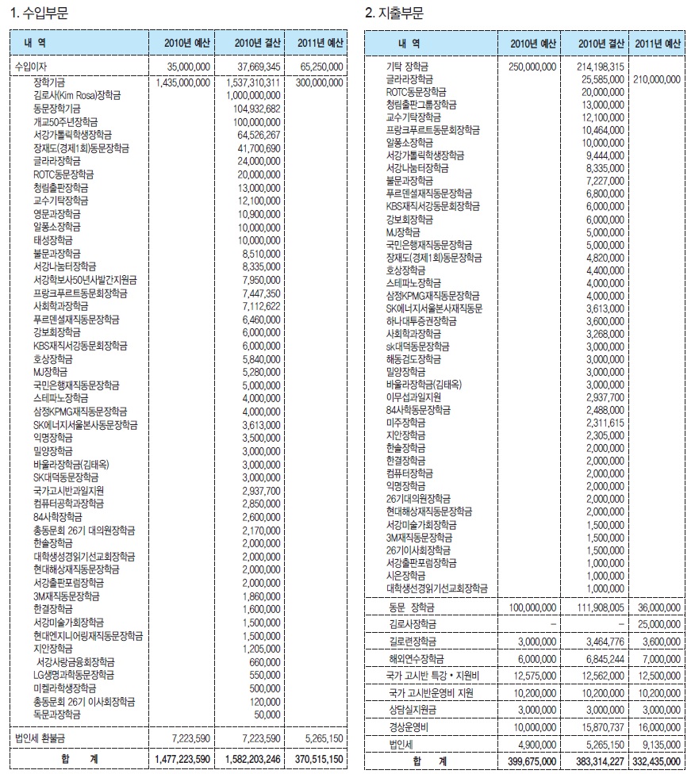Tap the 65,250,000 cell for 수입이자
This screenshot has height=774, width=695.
pyautogui.click(x=319, y=67)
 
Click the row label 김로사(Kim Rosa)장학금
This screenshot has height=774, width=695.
pyautogui.click(x=78, y=95)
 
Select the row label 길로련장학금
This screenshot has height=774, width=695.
pyautogui.click(x=413, y=641)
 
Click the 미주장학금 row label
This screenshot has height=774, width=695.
pyautogui.click(x=405, y=423)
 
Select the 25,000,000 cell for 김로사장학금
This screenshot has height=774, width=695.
pyautogui.click(x=659, y=624)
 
